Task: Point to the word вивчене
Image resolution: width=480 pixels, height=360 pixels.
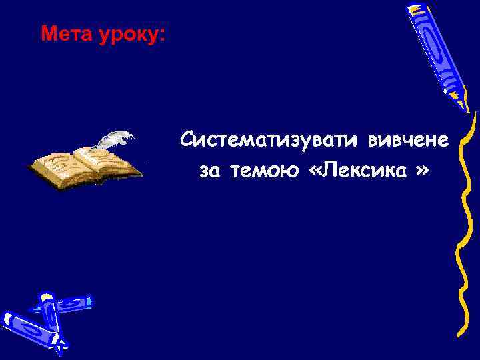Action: point(407,141)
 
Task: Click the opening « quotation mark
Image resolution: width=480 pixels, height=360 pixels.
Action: point(315,172)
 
